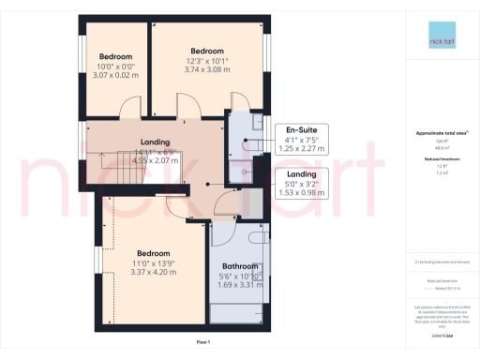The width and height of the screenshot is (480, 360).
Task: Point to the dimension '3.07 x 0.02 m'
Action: (115, 75)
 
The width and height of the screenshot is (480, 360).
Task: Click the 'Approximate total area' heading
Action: (439, 132)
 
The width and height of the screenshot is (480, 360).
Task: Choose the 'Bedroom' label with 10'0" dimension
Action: (115, 56)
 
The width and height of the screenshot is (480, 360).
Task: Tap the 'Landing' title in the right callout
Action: (302, 174)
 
